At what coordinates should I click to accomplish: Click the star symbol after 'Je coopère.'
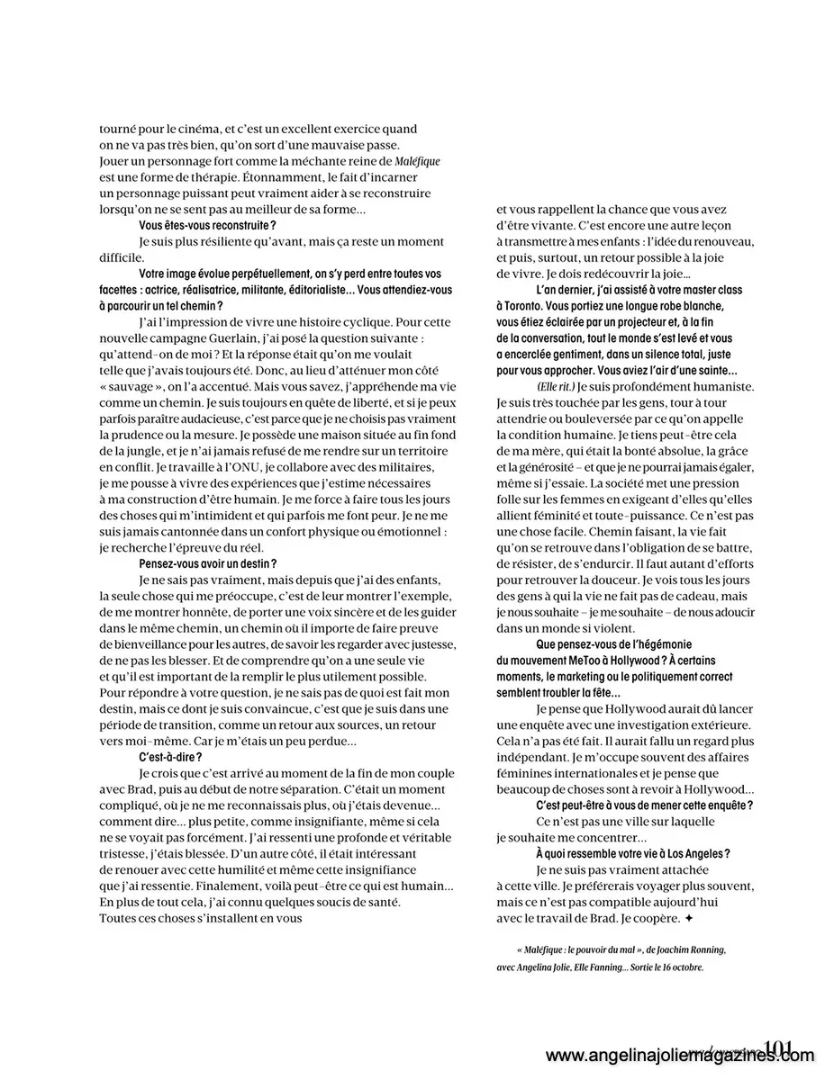(x=689, y=918)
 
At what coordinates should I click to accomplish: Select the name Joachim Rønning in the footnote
(x=694, y=949)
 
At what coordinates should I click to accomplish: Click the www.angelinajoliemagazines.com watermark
(x=680, y=1057)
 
